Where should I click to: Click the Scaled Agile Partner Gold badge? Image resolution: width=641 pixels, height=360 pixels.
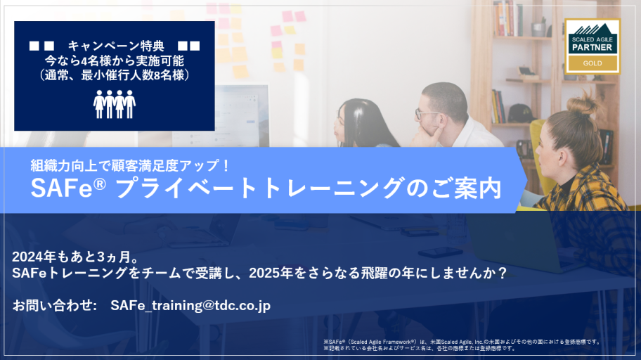coord(593,46)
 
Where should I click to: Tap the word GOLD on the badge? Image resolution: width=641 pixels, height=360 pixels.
coord(593,63)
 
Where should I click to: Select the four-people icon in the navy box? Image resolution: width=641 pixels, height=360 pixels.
coord(115,104)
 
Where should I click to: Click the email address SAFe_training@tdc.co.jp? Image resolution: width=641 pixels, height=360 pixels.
coord(190,306)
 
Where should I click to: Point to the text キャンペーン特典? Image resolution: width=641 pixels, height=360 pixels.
coord(116,46)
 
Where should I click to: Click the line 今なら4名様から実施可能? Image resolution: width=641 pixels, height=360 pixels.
coord(115,60)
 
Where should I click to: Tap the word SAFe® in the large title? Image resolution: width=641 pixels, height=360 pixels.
coord(68,188)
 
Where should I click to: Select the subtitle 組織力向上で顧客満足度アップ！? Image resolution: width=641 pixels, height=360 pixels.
coord(129,165)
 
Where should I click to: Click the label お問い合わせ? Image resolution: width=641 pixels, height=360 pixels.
coord(54,306)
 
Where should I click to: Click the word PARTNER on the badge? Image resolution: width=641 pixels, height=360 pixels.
coord(593,47)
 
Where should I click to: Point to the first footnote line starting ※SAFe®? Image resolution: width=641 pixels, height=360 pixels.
coord(462,342)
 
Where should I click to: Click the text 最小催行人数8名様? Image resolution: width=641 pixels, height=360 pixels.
coord(134,75)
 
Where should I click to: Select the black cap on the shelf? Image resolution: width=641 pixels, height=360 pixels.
coord(520,114)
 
